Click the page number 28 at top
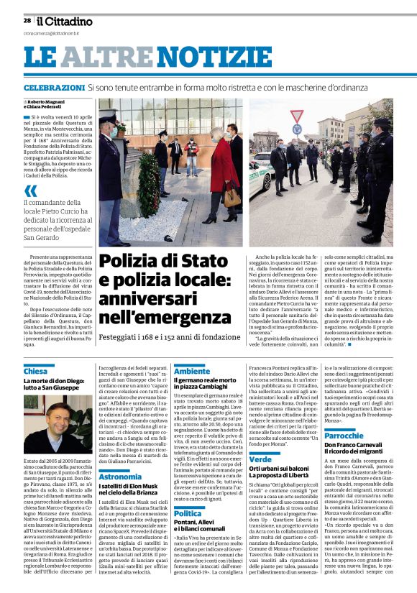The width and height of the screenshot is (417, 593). (27, 21)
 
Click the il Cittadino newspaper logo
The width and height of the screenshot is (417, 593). (64, 22)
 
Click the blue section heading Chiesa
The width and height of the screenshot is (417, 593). (35, 372)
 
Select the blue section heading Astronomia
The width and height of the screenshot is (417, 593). (120, 477)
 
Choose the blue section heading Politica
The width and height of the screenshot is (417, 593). (188, 513)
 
